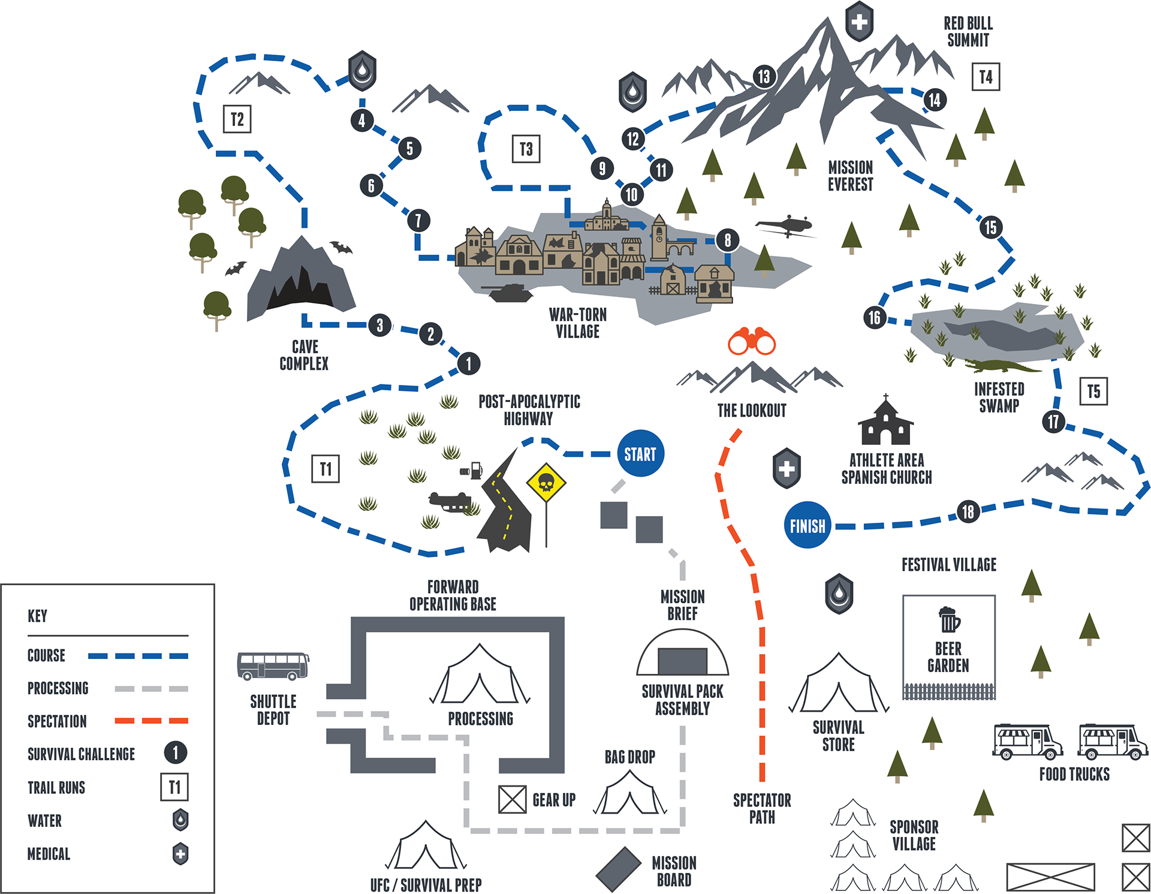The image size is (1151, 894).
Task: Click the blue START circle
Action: tap(640, 453)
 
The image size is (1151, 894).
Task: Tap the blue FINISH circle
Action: tap(807, 525)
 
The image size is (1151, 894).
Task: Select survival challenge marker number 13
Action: tap(764, 76)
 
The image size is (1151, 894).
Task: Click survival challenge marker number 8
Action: tap(727, 240)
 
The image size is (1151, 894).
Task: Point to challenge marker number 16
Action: tap(875, 317)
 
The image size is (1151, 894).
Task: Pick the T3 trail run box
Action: tap(526, 149)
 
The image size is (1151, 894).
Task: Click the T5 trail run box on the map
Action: tap(1093, 392)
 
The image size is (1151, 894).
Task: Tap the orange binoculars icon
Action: tap(752, 341)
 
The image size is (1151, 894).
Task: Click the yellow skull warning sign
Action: tap(546, 482)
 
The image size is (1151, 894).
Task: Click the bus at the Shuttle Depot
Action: tap(273, 666)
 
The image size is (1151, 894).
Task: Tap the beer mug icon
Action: tap(948, 620)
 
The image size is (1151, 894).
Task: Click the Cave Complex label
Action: tap(304, 355)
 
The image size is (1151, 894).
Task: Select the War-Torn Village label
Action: tap(578, 323)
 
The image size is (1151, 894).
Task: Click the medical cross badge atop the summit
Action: tap(859, 22)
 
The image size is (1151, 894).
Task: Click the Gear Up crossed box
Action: tap(512, 799)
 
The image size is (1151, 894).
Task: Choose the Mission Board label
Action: tap(674, 871)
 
